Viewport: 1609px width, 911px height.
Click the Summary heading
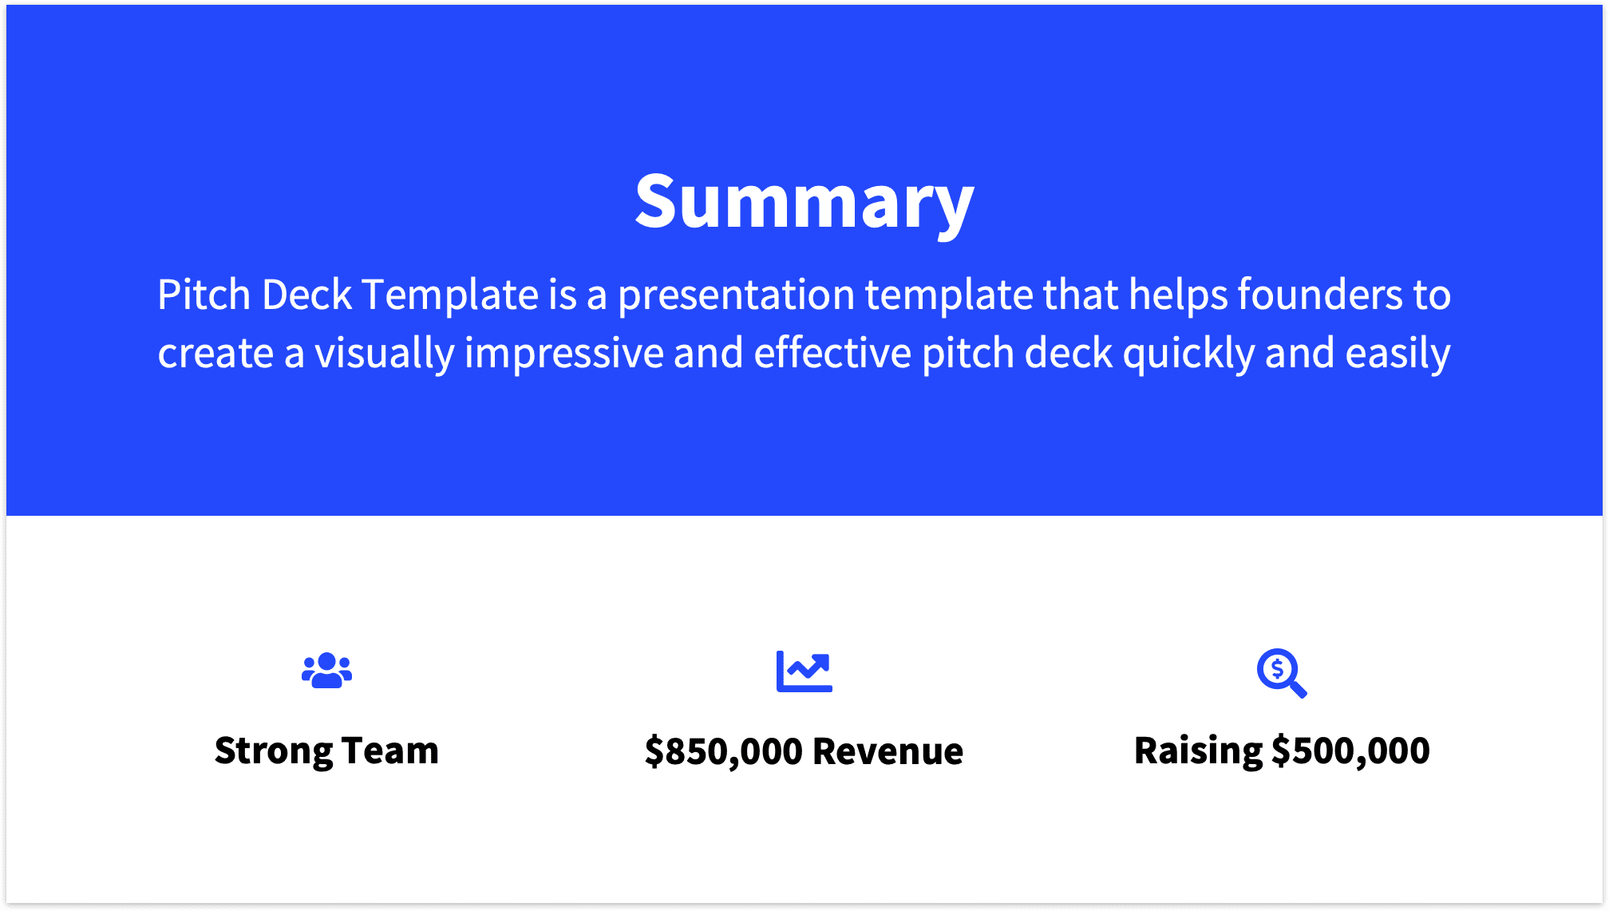pyautogui.click(x=804, y=202)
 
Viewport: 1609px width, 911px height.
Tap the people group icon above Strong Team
pyautogui.click(x=326, y=671)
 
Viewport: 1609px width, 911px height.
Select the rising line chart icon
pyautogui.click(x=804, y=671)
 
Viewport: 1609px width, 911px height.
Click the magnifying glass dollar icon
pyautogui.click(x=1281, y=672)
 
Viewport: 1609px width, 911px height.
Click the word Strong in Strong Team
pyautogui.click(x=273, y=751)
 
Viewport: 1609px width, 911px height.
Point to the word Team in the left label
pyautogui.click(x=390, y=751)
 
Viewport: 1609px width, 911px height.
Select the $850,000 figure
pyautogui.click(x=723, y=751)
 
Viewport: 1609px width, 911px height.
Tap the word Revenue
pyautogui.click(x=888, y=751)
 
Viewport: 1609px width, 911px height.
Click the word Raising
pyautogui.click(x=1197, y=751)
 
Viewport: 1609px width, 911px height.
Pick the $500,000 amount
pyautogui.click(x=1350, y=751)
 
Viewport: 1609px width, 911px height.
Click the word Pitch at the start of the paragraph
pyautogui.click(x=204, y=295)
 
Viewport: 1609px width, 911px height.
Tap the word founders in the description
pyautogui.click(x=1320, y=295)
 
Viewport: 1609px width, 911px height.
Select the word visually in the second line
pyautogui.click(x=384, y=354)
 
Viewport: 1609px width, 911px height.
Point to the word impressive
pyautogui.click(x=563, y=354)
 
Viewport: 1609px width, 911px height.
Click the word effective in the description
pyautogui.click(x=832, y=354)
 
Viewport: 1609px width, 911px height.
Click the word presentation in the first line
pyautogui.click(x=736, y=295)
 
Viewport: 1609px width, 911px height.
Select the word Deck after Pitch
pyautogui.click(x=306, y=295)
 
